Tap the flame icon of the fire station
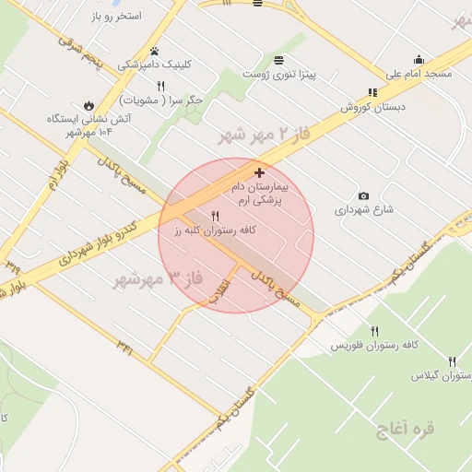point(89,104)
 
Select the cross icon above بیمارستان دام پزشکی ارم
point(259,172)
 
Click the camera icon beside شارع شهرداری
point(363,196)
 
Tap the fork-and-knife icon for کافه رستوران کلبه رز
point(216,216)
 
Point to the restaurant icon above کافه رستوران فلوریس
point(374,331)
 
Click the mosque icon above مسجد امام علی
point(419,60)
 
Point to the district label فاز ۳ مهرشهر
point(156,277)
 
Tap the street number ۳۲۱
point(125,345)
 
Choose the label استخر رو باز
point(116,17)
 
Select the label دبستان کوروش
point(348,107)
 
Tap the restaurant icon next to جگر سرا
point(160,86)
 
